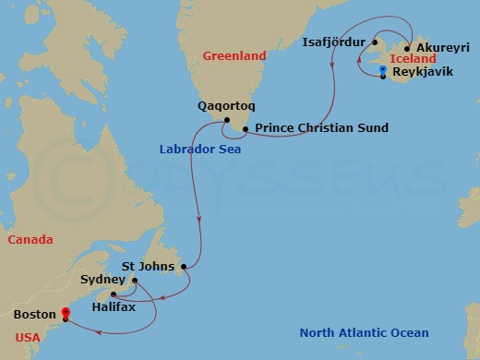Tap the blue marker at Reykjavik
[382, 71]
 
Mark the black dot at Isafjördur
[376, 42]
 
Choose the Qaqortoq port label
[226, 105]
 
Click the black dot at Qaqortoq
[225, 119]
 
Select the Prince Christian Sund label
[321, 128]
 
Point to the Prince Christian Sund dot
[246, 128]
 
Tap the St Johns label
[154, 267]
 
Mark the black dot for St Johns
[185, 267]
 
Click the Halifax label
[114, 306]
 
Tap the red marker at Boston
[65, 312]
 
